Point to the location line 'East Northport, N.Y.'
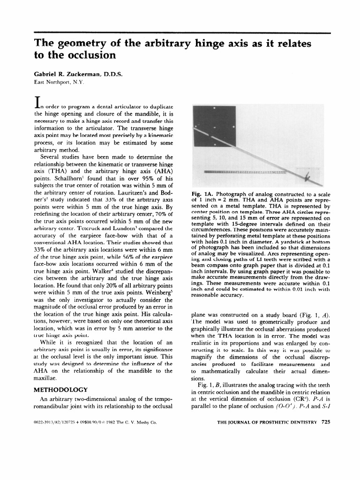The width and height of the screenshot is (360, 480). [59, 82]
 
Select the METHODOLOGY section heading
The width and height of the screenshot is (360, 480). [61, 390]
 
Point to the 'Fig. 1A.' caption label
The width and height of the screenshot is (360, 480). [202, 193]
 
